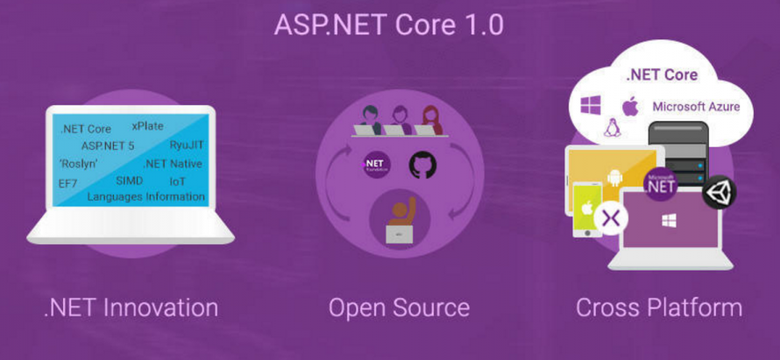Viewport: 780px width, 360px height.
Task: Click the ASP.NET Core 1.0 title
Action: point(389,24)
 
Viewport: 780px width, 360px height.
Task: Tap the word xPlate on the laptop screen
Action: point(147,126)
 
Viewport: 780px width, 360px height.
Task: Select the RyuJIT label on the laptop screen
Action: point(188,145)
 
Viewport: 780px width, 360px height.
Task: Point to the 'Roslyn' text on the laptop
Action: point(78,164)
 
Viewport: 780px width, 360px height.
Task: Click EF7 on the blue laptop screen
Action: point(68,182)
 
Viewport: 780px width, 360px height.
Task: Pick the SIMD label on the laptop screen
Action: point(129,180)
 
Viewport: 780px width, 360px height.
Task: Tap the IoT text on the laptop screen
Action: point(177,180)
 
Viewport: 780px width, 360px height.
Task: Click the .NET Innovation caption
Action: point(131,307)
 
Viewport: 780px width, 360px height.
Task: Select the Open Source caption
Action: point(399,307)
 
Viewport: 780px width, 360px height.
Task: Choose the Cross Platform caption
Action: point(658,307)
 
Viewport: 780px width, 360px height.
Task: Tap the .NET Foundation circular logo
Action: point(376,165)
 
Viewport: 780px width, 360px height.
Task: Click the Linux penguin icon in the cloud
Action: point(612,129)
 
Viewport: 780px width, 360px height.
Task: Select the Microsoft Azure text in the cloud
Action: point(696,107)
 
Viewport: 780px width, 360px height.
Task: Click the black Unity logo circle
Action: point(719,192)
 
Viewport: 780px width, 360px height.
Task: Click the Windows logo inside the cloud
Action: point(591,106)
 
